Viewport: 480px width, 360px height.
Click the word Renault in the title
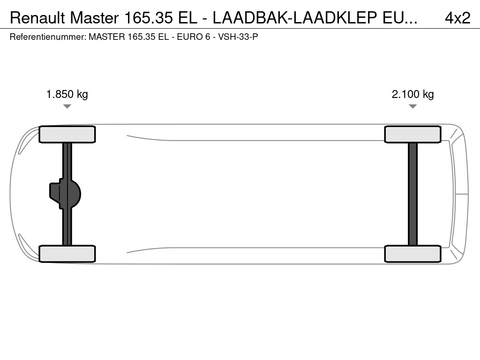[37, 18]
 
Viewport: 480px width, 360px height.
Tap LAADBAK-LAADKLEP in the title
[296, 18]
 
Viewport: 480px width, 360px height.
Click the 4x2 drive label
[457, 18]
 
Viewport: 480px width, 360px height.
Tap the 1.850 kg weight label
[67, 94]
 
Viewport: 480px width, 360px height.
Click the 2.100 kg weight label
[412, 94]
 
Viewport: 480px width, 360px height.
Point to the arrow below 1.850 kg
[67, 106]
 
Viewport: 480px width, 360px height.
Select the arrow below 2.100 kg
[412, 106]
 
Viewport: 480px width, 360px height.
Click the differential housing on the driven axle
[66, 194]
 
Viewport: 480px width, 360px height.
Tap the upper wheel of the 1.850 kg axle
[67, 135]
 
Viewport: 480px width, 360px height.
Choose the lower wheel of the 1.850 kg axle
[67, 254]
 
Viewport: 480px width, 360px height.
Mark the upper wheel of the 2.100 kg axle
[412, 135]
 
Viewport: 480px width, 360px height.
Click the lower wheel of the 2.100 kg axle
[412, 254]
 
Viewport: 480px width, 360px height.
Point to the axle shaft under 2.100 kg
[412, 194]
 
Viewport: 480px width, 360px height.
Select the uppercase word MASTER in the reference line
[106, 37]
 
